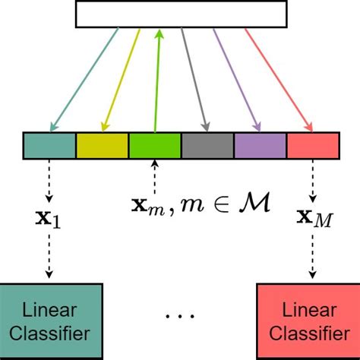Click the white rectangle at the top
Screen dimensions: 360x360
coord(181,14)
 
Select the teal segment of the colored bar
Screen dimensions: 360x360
coord(49,146)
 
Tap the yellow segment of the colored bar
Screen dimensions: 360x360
coord(102,146)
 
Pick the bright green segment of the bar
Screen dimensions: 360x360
coord(154,146)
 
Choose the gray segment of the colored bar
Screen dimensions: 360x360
coord(207,146)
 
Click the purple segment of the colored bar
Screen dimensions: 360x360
coord(260,146)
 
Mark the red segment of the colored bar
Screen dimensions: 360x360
coord(311,146)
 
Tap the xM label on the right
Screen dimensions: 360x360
coord(311,221)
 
